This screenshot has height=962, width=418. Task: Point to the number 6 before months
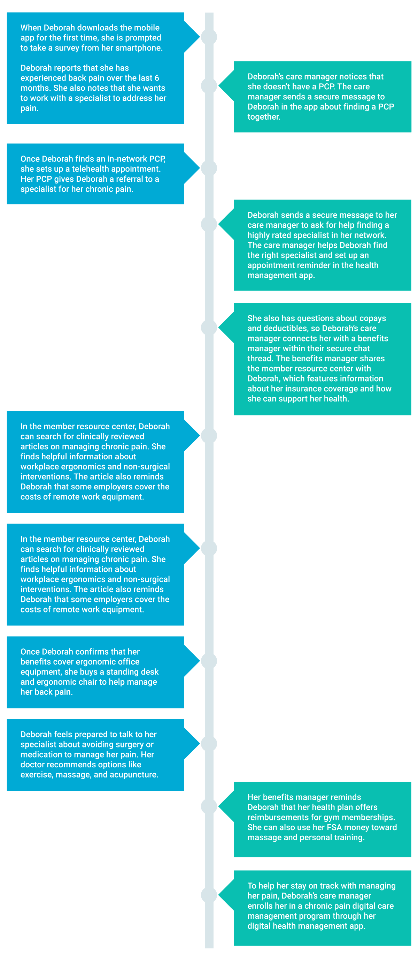157,78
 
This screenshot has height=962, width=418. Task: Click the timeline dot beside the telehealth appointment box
209,168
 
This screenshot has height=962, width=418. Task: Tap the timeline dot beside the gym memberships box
209,806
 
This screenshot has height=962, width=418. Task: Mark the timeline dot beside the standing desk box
209,661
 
